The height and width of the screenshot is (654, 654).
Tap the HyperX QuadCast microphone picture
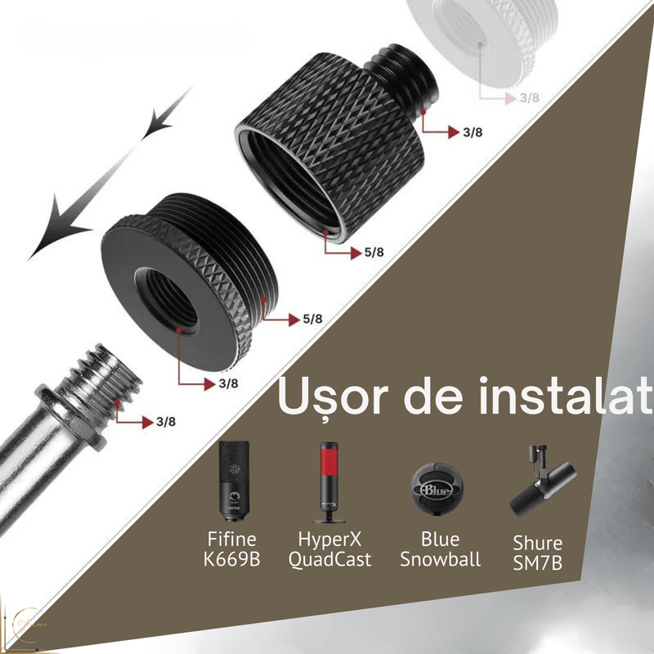[329, 482]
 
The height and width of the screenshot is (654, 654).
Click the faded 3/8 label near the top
[530, 97]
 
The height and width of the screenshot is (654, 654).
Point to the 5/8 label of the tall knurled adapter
[374, 253]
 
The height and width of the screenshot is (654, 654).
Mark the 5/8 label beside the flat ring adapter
[311, 319]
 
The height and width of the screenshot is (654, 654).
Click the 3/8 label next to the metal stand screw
[164, 423]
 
